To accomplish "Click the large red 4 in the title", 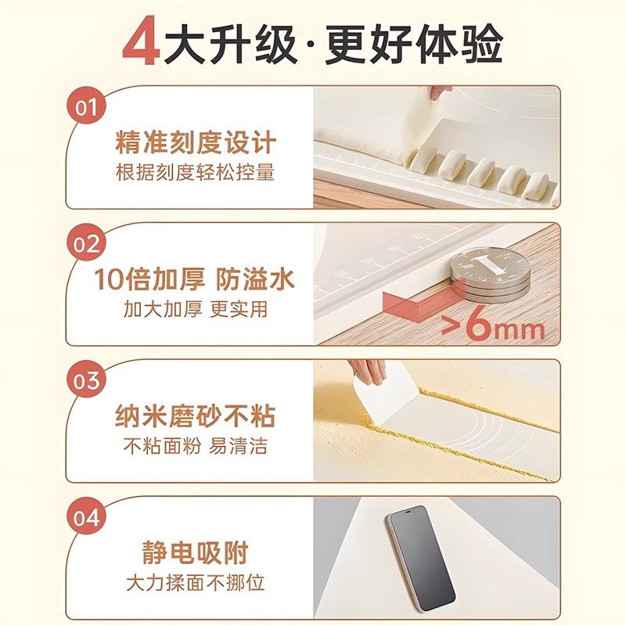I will [x=142, y=45].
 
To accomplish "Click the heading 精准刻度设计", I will [x=196, y=144].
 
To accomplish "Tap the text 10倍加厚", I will [x=149, y=279].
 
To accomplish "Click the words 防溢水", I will [x=256, y=279].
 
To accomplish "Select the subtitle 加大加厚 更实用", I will [x=196, y=309].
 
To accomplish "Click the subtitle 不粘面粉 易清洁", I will [x=196, y=445].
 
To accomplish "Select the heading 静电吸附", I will [x=196, y=553].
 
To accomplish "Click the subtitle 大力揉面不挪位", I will [x=196, y=583].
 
